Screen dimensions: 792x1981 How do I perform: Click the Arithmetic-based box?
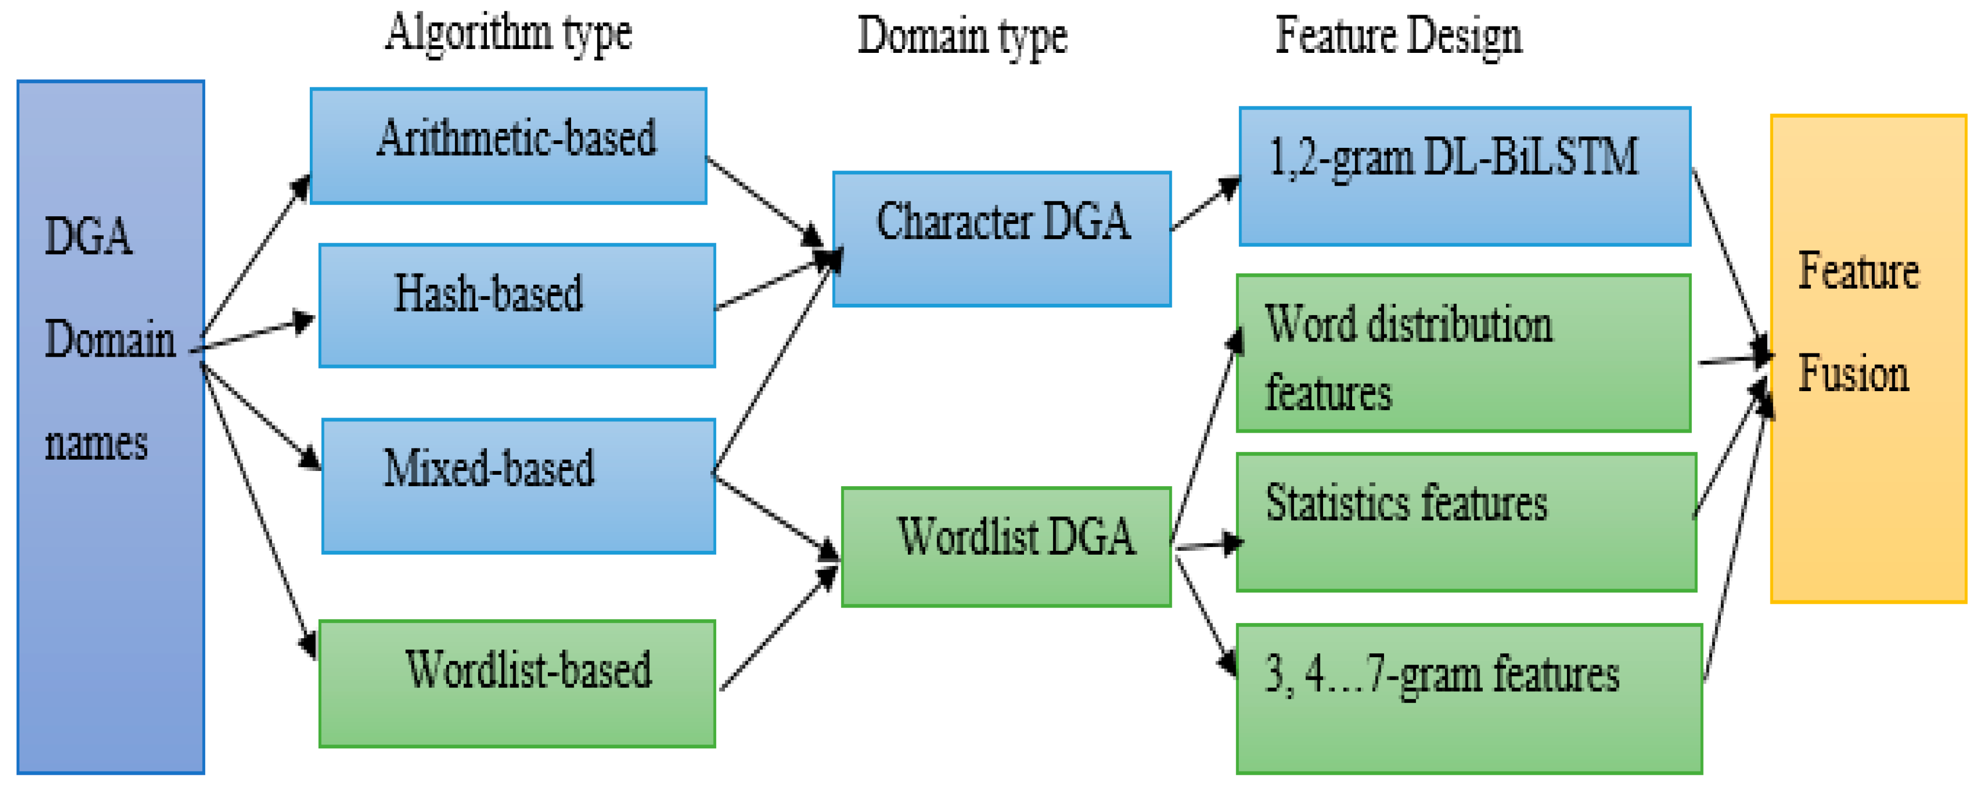click(x=508, y=146)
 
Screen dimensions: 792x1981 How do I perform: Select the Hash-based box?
click(x=517, y=305)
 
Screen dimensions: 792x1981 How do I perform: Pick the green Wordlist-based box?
click(x=517, y=683)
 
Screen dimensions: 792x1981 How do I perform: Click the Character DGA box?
click(x=1001, y=239)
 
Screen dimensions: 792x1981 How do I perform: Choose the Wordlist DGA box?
click(x=1006, y=547)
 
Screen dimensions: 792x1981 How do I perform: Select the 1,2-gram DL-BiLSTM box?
click(x=1464, y=177)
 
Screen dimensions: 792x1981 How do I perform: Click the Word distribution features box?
click(x=1463, y=354)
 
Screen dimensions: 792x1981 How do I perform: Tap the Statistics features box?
click(x=1466, y=522)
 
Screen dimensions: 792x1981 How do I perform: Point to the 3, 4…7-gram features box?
click(x=1469, y=698)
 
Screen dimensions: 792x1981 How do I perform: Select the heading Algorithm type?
click(x=508, y=34)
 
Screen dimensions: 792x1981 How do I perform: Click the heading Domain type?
click(x=962, y=37)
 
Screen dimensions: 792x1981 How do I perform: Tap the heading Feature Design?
click(x=1398, y=37)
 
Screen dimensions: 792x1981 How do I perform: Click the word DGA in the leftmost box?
click(x=87, y=236)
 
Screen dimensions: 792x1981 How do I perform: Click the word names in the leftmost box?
click(x=96, y=443)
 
